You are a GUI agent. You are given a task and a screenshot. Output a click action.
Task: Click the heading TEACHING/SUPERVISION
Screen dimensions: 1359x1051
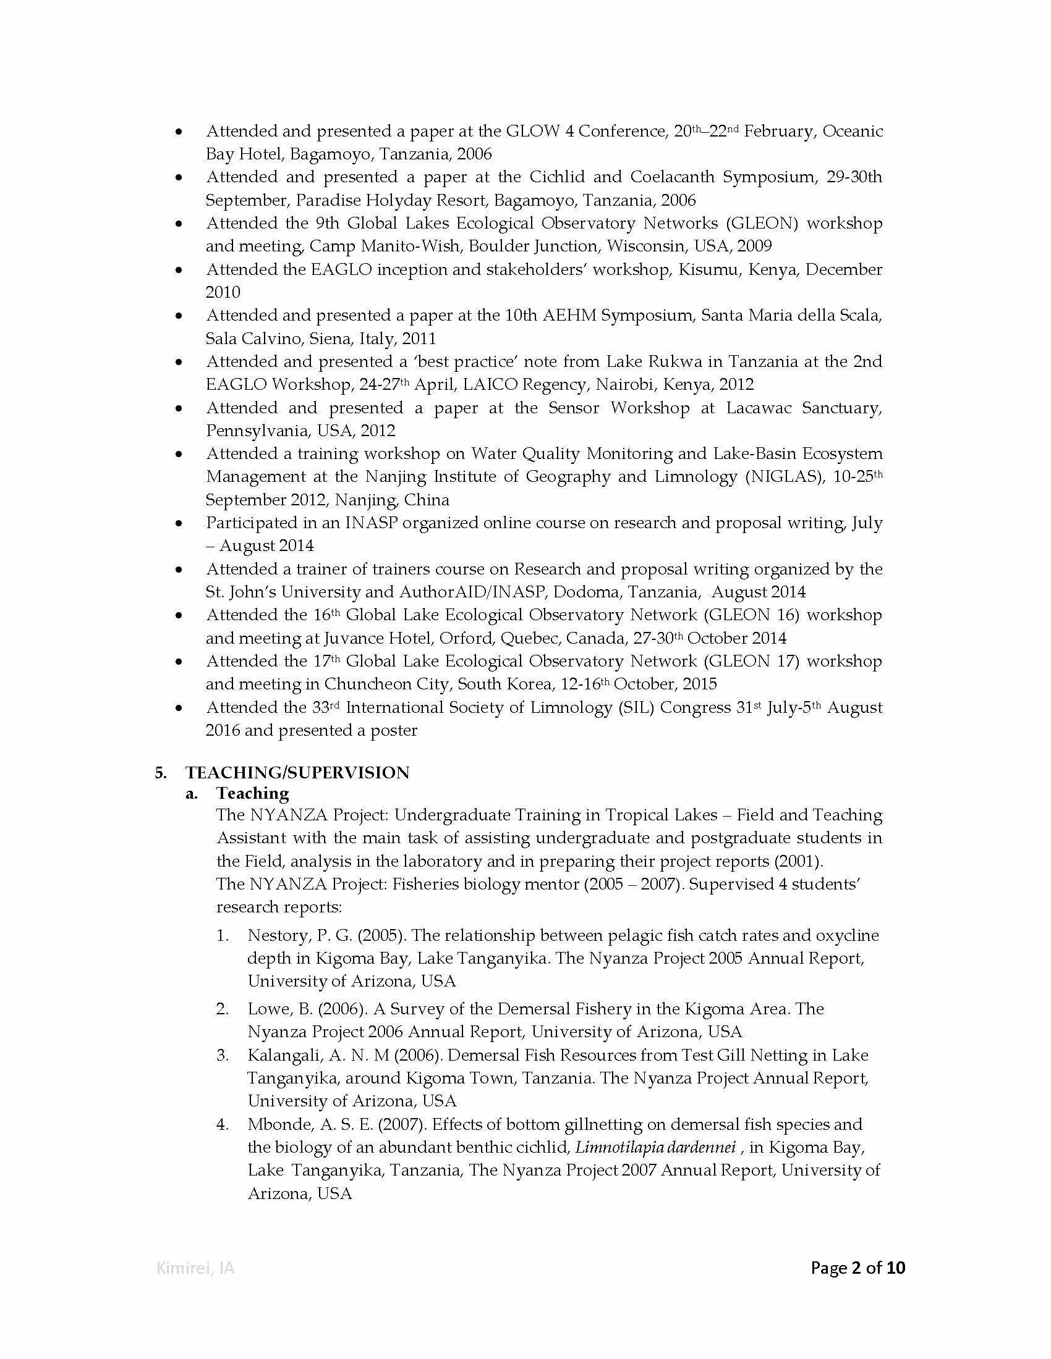coord(297,772)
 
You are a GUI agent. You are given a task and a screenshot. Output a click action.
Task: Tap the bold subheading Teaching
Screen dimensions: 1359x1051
coord(252,793)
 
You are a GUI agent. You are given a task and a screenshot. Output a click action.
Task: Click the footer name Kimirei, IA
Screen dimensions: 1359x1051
coord(195,1268)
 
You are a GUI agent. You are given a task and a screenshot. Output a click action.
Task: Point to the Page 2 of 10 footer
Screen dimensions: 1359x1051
coord(857,1267)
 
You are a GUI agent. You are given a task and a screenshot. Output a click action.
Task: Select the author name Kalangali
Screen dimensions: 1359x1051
coord(283,1054)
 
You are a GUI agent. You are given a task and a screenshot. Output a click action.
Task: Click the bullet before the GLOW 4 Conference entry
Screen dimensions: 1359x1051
coord(179,132)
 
